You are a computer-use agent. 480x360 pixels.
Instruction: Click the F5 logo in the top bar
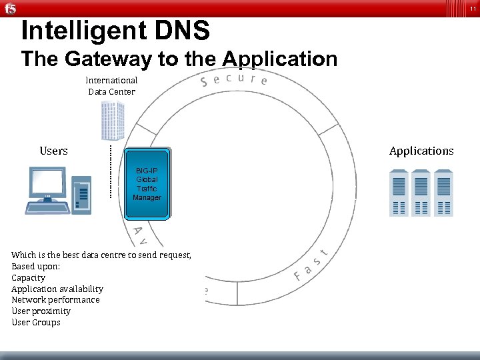click(x=10, y=8)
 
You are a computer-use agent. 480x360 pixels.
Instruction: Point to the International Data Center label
click(x=111, y=86)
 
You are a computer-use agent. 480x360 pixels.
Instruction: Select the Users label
click(x=53, y=151)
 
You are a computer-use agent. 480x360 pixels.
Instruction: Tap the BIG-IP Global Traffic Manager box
click(x=147, y=183)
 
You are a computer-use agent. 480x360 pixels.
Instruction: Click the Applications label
click(x=421, y=151)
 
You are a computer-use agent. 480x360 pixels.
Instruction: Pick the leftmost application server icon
click(x=399, y=193)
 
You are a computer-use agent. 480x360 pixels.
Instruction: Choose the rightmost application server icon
click(x=443, y=193)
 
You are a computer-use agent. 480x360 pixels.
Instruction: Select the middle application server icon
click(x=421, y=193)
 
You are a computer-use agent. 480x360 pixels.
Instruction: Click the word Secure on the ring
click(x=234, y=80)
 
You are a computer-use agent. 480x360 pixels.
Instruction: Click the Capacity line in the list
click(x=29, y=277)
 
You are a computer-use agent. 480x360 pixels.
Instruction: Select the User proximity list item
click(x=41, y=311)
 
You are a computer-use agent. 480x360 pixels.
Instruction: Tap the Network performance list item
click(x=55, y=300)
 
